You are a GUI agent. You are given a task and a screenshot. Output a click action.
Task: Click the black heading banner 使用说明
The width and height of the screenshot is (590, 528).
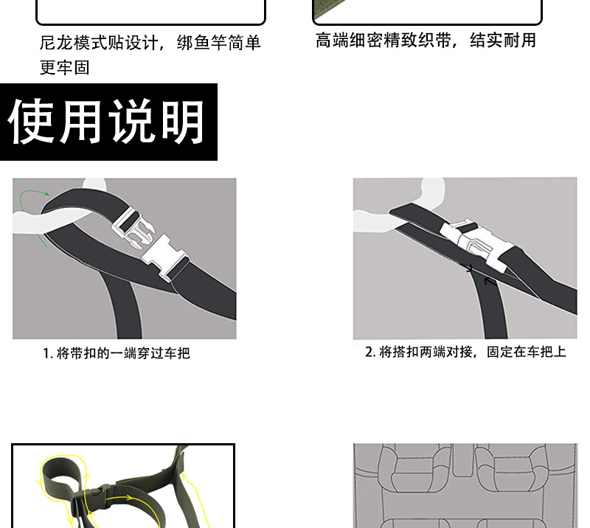coord(108,122)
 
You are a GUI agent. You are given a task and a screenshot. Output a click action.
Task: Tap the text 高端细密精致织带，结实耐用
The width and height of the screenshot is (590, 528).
coord(426,41)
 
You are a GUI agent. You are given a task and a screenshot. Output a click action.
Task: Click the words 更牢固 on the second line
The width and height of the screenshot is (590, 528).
coord(64,68)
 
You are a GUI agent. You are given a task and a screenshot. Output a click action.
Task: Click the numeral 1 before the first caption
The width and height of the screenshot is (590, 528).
coord(46,353)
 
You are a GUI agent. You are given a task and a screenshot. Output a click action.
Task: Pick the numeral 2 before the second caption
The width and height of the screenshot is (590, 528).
coord(370,352)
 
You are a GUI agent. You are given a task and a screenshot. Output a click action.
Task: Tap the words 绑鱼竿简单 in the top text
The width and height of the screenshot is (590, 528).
coord(219,44)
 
